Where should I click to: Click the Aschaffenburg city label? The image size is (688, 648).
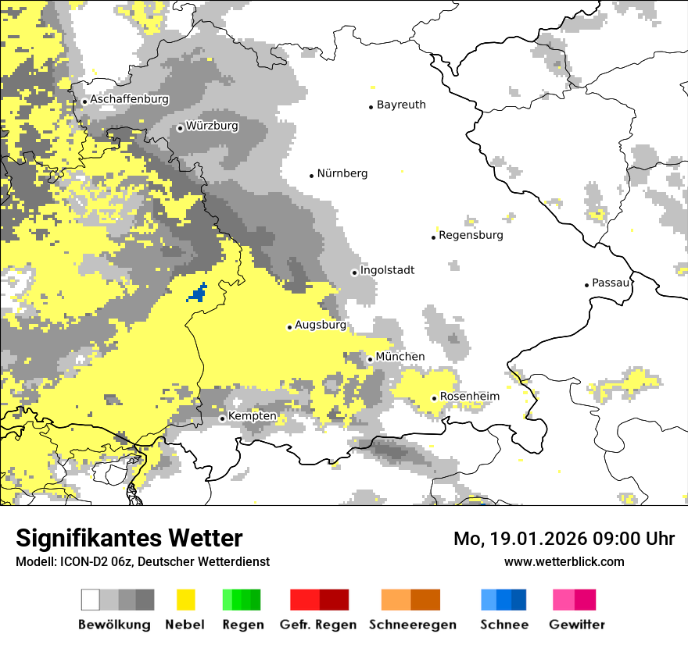[x=129, y=100]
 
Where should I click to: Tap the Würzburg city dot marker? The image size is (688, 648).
[x=181, y=128]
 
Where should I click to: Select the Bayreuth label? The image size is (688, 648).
[x=401, y=105]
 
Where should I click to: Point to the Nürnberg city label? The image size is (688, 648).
[x=342, y=173]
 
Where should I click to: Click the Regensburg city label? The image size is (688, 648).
[x=471, y=235]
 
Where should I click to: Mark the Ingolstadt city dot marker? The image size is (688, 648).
[x=354, y=272]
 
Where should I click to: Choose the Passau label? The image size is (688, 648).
[x=611, y=283]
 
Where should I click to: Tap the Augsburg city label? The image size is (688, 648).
[x=320, y=325]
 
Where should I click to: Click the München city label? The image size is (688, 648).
[x=400, y=357]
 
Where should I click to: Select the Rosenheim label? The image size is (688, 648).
[x=469, y=397]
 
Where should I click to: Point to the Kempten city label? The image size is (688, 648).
[x=252, y=416]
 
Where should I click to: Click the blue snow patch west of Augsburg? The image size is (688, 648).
[x=198, y=294]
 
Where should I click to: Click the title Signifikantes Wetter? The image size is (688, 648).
[x=129, y=538]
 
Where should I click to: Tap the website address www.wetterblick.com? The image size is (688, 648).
[x=564, y=561]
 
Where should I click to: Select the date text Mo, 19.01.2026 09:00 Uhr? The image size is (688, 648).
[x=564, y=539]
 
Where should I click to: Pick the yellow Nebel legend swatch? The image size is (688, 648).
[x=186, y=600]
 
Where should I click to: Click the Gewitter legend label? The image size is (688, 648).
[x=576, y=625]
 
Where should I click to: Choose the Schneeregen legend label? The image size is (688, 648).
[x=412, y=625]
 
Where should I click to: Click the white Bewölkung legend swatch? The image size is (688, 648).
[x=91, y=600]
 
